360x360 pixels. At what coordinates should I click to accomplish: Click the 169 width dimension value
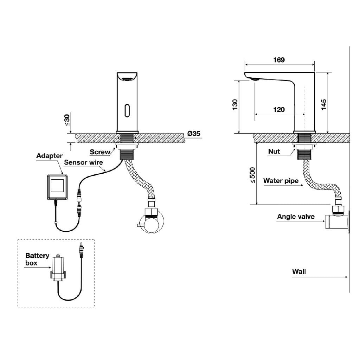279,60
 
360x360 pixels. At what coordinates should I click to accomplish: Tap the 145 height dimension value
324,105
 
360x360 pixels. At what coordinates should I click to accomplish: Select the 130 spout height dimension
235,105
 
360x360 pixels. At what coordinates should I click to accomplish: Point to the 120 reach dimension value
279,110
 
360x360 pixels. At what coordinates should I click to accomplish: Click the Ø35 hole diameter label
194,133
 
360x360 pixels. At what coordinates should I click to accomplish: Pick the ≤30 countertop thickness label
67,120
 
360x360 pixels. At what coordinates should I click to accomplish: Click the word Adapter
49,156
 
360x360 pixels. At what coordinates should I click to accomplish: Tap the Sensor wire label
83,162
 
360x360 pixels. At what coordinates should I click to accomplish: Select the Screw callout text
100,152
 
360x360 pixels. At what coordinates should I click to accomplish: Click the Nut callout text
274,151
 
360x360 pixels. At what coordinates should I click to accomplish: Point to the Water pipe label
281,181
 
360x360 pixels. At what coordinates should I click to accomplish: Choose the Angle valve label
296,217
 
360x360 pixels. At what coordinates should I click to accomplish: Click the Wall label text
299,272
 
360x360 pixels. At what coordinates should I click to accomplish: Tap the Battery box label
37,259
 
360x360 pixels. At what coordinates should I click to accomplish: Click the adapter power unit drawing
57,188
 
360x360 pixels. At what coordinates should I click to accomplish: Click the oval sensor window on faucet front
127,111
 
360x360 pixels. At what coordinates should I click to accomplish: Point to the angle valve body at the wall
337,221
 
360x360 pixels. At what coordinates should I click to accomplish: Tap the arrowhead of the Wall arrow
346,277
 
